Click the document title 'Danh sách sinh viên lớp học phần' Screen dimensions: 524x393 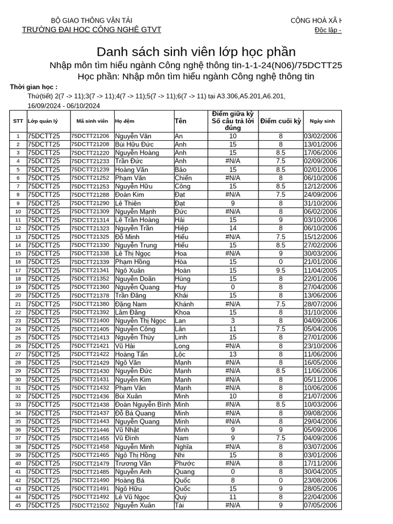(196, 52)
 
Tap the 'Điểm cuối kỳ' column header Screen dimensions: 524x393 (280, 121)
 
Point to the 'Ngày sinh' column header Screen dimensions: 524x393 (322, 121)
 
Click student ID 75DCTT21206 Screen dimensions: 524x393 (90, 136)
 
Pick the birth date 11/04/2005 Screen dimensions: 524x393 (321, 270)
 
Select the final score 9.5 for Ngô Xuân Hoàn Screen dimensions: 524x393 (280, 270)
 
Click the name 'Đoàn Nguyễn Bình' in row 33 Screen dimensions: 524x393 (143, 404)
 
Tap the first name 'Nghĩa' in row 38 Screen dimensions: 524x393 (184, 447)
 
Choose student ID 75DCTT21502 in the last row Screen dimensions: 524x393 (90, 506)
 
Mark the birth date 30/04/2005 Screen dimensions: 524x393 (321, 472)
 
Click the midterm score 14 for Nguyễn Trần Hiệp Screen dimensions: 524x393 (233, 228)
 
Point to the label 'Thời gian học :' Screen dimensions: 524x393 (34, 87)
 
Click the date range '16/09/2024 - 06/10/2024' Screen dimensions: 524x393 (64, 105)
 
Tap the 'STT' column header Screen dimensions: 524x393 (18, 121)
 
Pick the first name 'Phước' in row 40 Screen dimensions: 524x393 (185, 464)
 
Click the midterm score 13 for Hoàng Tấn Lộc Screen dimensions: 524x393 (233, 354)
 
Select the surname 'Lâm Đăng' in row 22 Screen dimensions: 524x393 (130, 312)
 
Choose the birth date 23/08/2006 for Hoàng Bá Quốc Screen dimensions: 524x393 (321, 481)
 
